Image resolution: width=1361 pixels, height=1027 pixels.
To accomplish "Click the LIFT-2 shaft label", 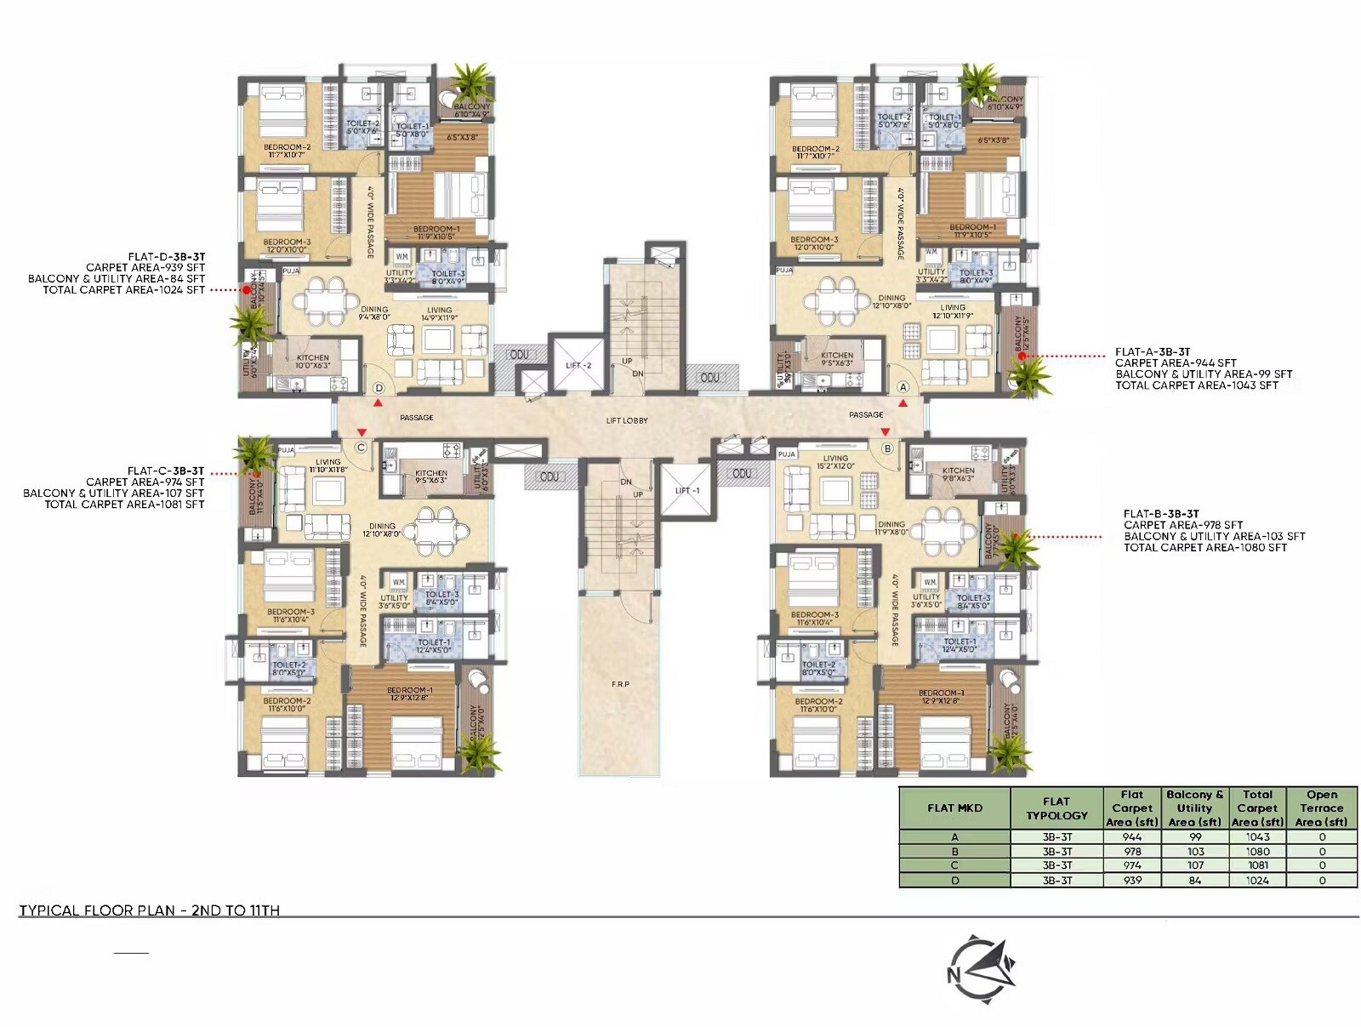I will (x=578, y=366).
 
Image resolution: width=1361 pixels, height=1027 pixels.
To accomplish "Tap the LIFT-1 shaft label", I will (x=687, y=491).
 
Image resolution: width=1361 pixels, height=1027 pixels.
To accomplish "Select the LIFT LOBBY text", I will (x=627, y=420).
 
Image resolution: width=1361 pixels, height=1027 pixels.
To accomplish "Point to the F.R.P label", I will (x=620, y=684).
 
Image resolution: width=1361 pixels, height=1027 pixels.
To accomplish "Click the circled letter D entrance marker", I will (x=379, y=388).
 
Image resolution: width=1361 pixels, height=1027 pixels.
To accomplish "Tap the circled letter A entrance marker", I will (x=903, y=387).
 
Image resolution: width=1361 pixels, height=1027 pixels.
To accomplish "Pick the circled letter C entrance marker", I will (x=361, y=448).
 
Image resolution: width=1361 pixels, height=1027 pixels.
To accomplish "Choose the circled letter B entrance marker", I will (x=887, y=448).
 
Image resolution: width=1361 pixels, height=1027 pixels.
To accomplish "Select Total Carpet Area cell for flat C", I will (x=1257, y=865).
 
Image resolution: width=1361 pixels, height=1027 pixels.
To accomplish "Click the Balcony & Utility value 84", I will (x=1194, y=881).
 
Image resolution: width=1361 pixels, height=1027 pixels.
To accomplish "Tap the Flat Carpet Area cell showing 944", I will (x=1131, y=837).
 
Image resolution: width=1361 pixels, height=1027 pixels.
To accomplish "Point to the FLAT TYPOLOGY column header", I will (x=1056, y=808).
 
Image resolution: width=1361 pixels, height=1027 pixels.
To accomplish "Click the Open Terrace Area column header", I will (x=1321, y=808).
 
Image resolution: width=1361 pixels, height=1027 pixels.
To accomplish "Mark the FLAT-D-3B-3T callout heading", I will (x=167, y=256).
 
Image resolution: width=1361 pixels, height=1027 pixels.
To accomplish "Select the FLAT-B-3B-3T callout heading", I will (x=1161, y=514).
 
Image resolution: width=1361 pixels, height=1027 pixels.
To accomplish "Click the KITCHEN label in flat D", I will (x=313, y=358).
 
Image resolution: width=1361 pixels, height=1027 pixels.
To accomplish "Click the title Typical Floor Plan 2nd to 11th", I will (x=150, y=910).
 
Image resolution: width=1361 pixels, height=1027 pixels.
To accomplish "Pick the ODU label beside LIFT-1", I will (x=742, y=473).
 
